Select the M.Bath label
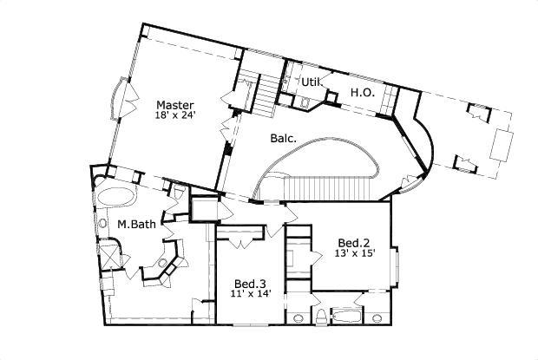pos(136,226)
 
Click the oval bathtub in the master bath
pos(113,195)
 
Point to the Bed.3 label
pos(250,284)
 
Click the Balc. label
pos(283,138)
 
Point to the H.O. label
pos(362,92)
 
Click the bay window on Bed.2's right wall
pos(396,267)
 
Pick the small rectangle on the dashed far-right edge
pos(503,145)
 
